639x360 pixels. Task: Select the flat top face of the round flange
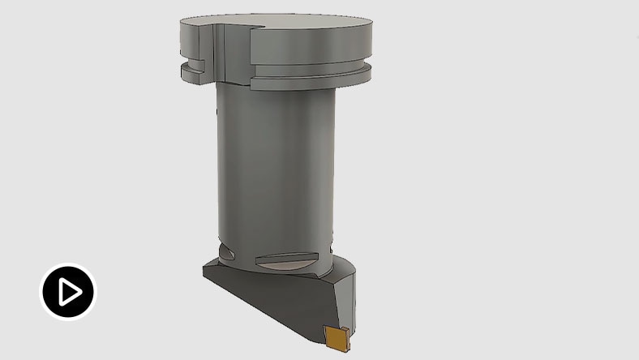tap(284, 23)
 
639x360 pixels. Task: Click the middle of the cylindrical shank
tap(276, 162)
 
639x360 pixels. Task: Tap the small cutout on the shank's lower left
tap(228, 247)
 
